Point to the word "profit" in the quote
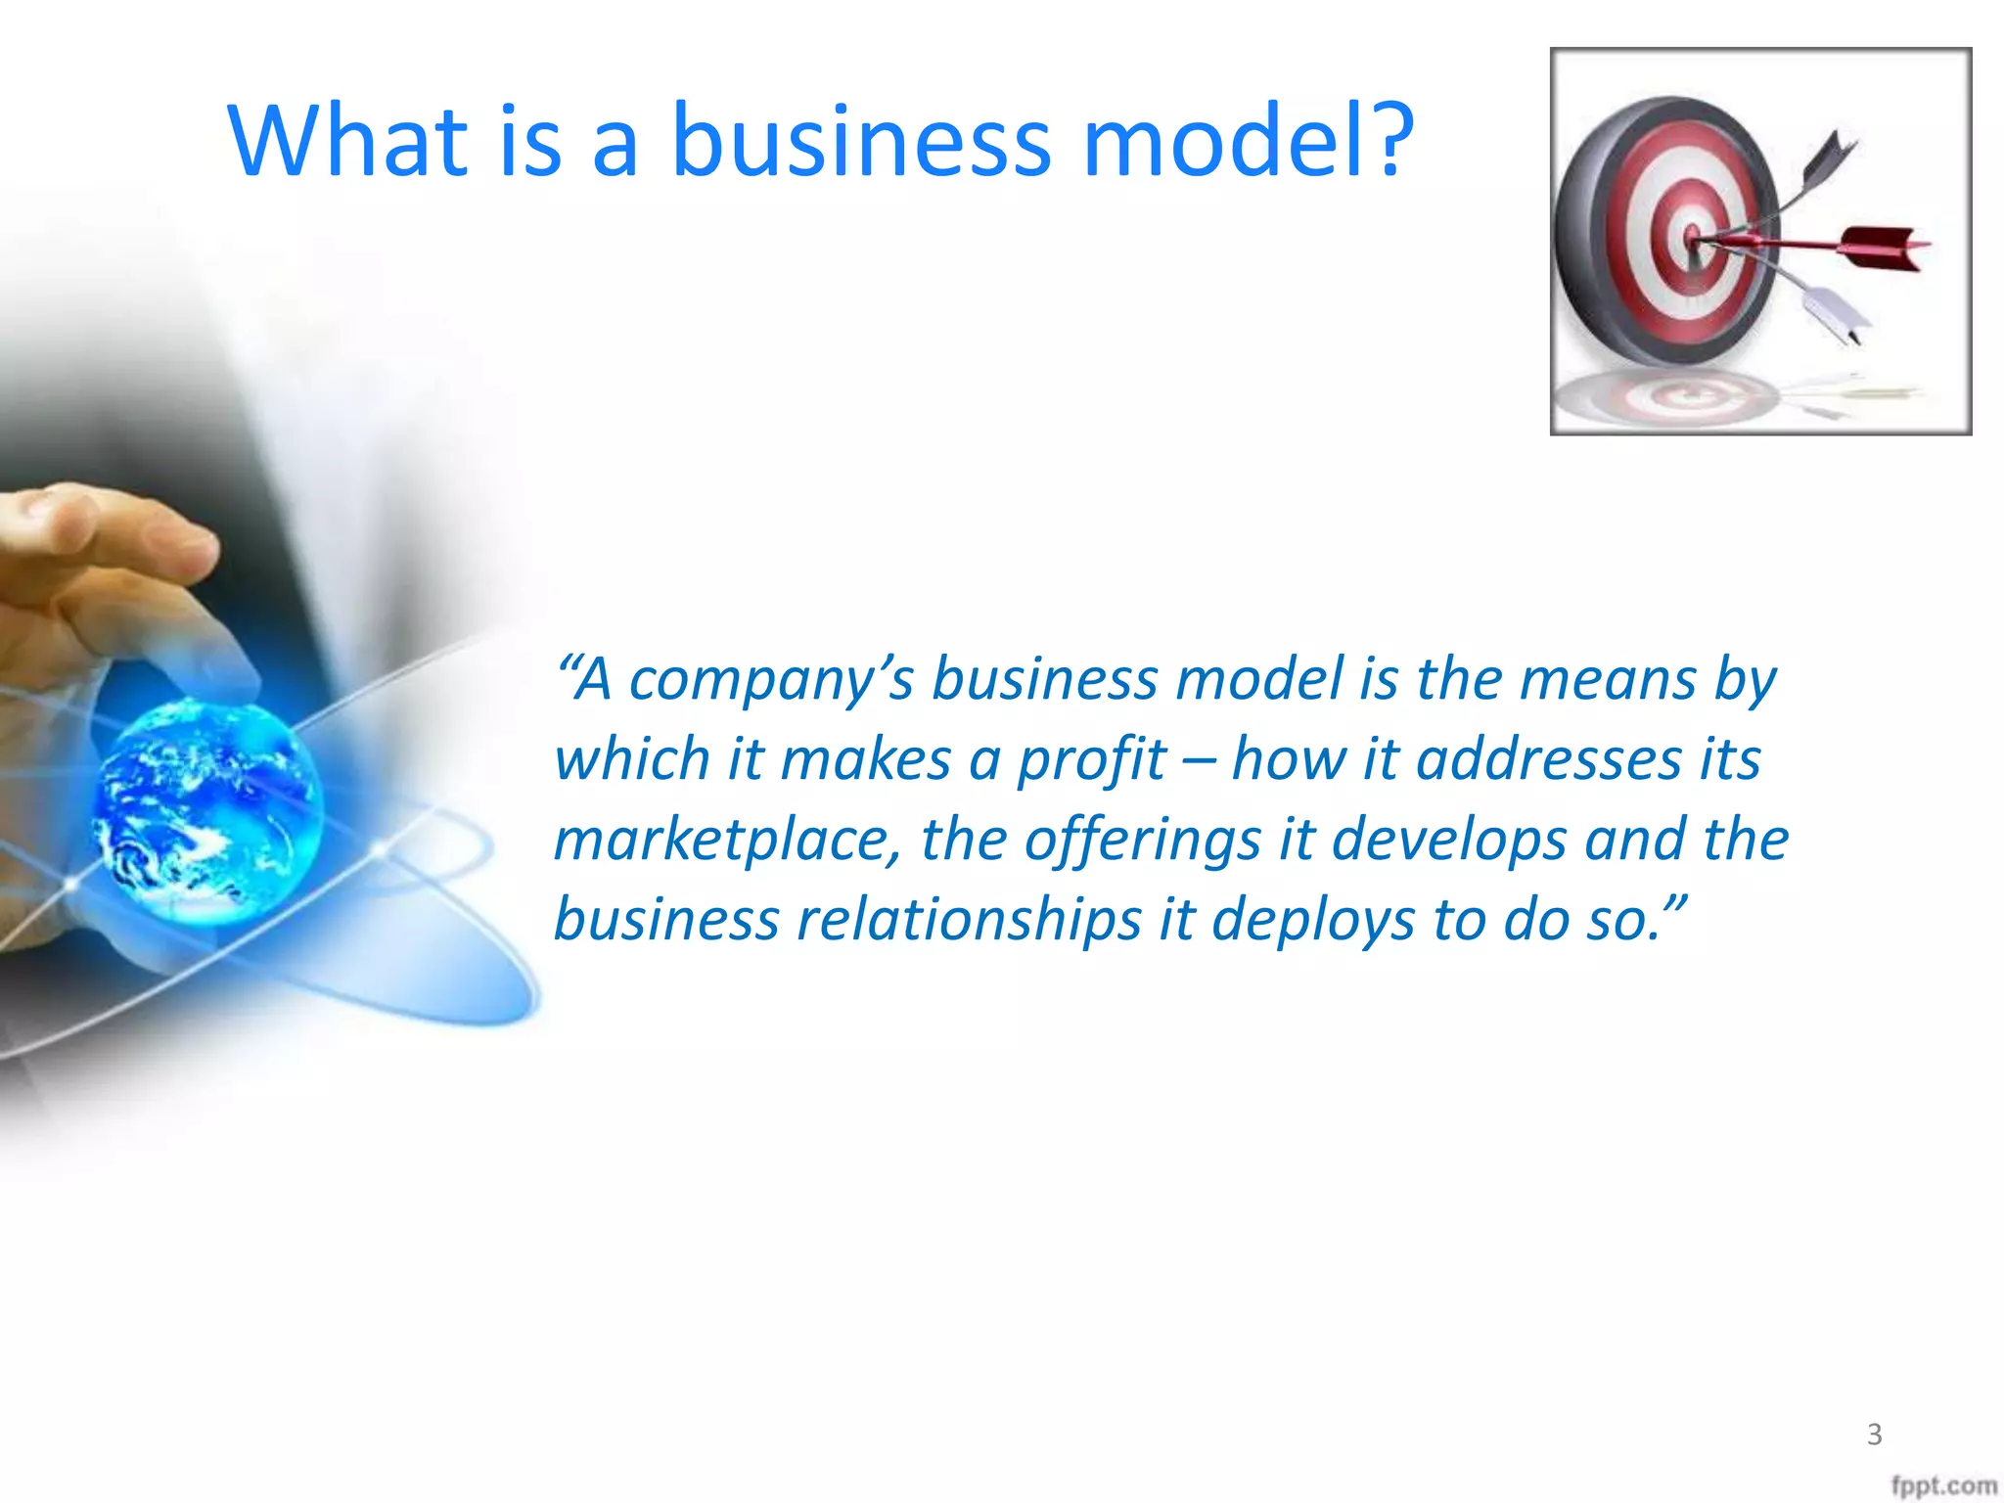pyautogui.click(x=1092, y=760)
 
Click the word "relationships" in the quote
pyautogui.click(x=969, y=920)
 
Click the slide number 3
pyautogui.click(x=1874, y=1435)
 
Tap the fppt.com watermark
pyautogui.click(x=1943, y=1486)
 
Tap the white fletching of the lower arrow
pyautogui.click(x=1840, y=313)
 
